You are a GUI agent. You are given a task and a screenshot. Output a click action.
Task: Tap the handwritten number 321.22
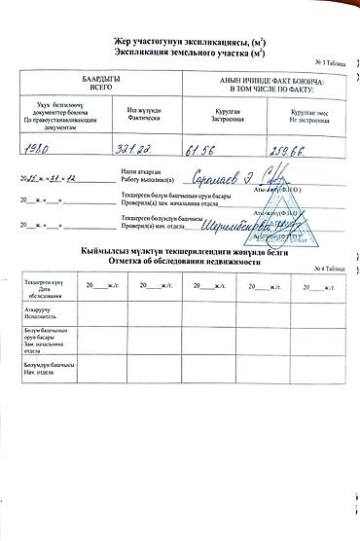138,152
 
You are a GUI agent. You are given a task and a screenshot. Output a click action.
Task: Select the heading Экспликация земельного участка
180,48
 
